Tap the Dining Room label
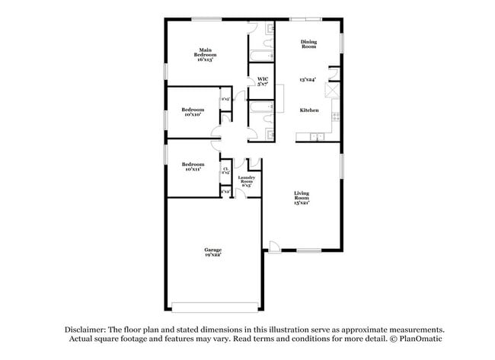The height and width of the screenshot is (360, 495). (308, 44)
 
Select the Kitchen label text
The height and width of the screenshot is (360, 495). (308, 110)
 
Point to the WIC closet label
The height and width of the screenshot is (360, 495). (263, 81)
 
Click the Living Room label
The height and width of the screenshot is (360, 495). (302, 199)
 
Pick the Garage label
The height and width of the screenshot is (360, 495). (212, 252)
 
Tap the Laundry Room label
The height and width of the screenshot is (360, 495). (246, 182)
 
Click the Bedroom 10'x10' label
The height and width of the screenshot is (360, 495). (193, 112)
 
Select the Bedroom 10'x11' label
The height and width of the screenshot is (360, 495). (193, 167)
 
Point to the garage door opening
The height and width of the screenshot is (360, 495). (209, 307)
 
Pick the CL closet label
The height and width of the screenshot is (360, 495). (225, 171)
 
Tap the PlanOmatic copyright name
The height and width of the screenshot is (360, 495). (417, 338)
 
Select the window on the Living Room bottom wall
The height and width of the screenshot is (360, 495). (308, 251)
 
